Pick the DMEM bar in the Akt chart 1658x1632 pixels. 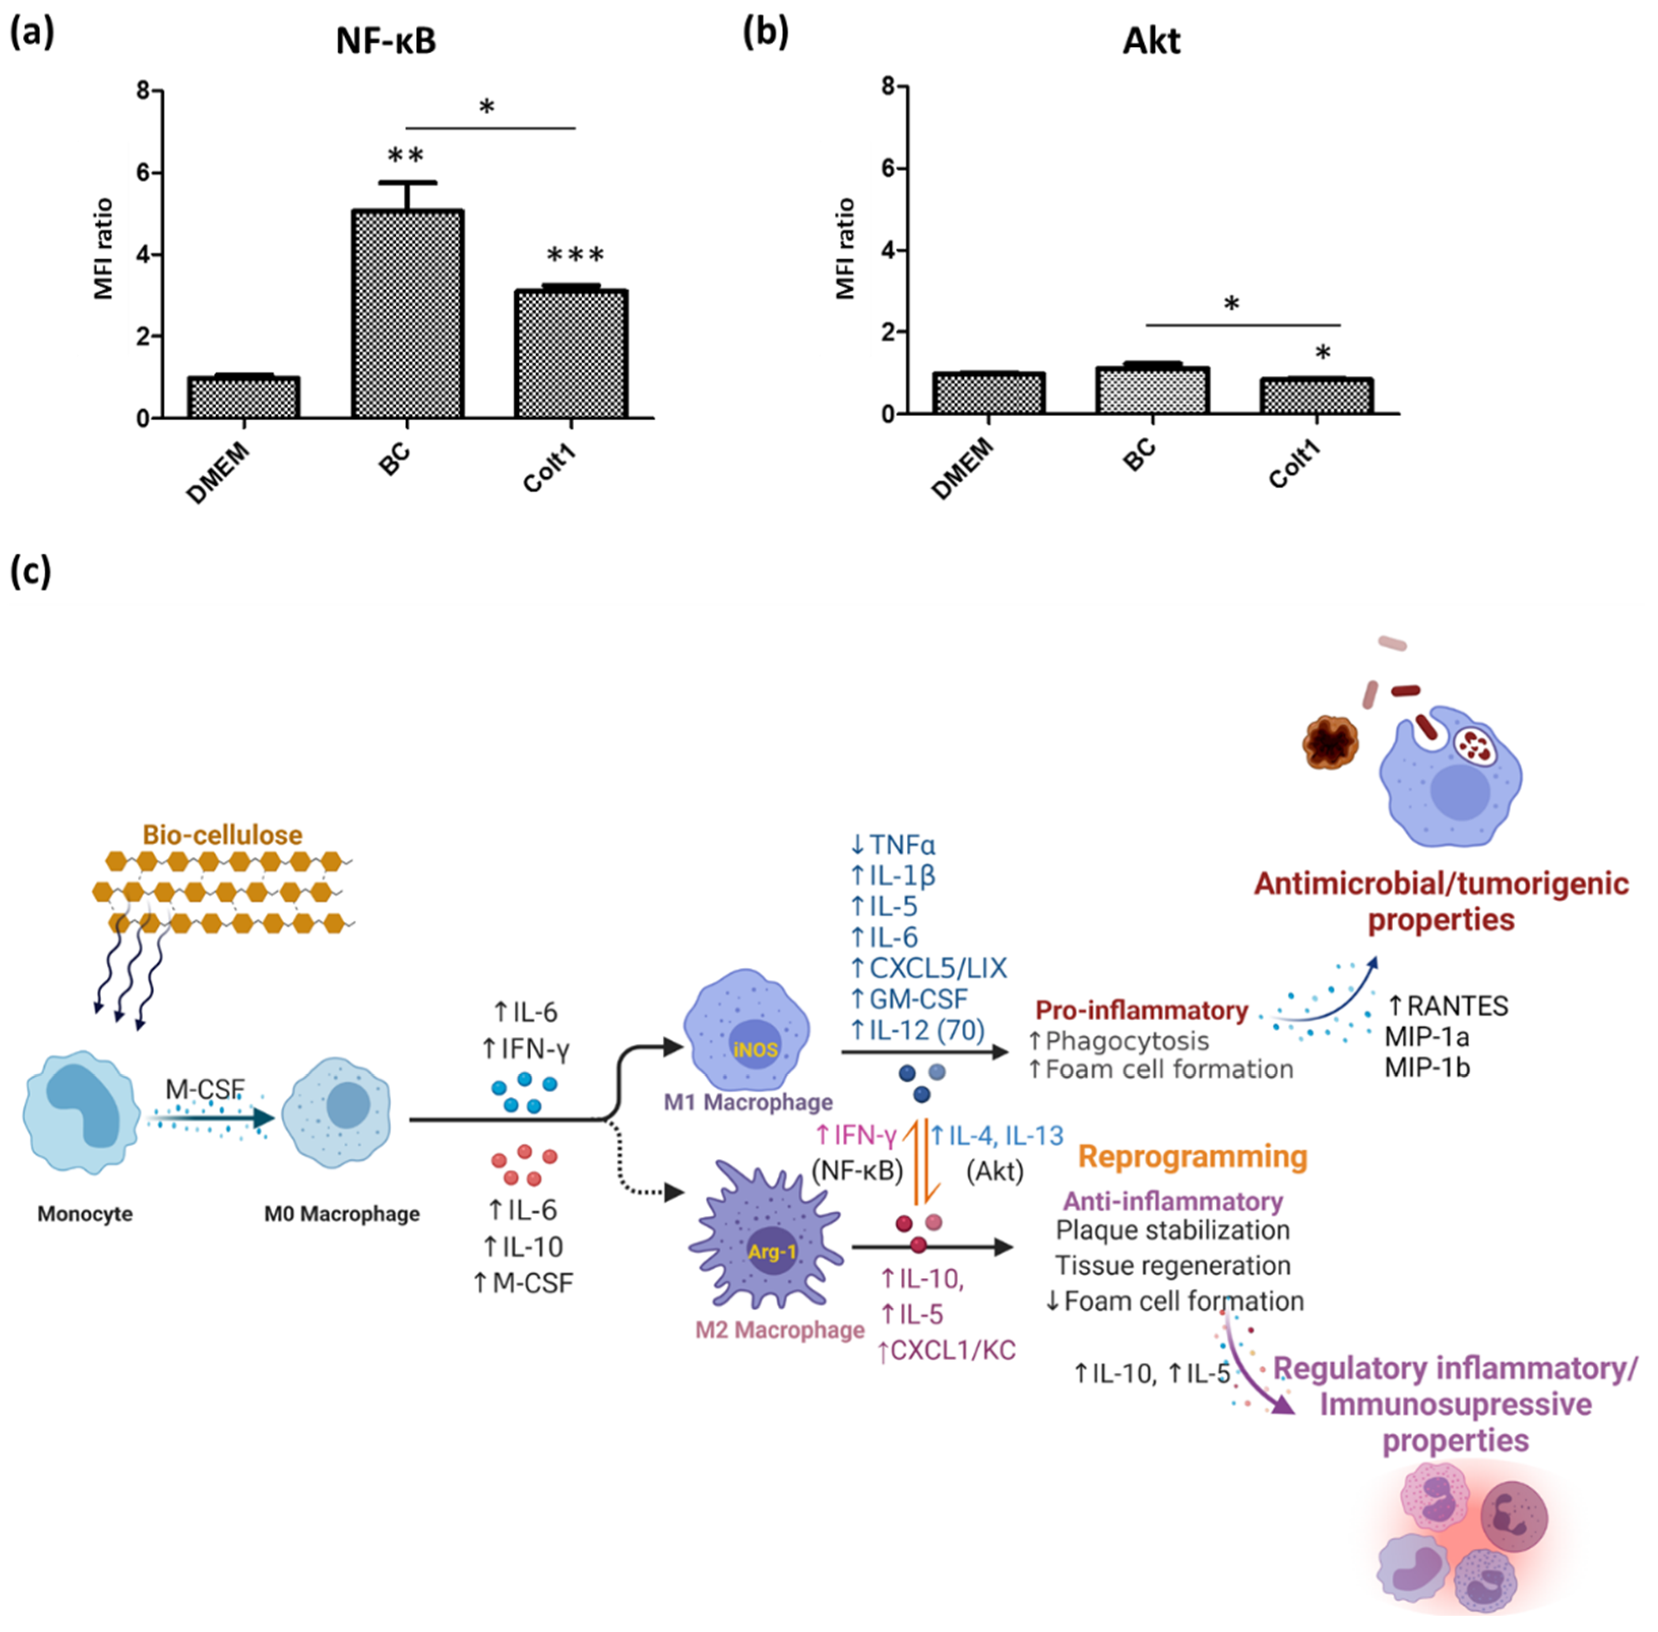pyautogui.click(x=988, y=393)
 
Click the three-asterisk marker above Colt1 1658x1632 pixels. pyautogui.click(x=575, y=255)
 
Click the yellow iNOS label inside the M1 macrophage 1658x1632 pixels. pyautogui.click(x=755, y=1049)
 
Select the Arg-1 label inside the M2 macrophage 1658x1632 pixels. pyautogui.click(x=772, y=1252)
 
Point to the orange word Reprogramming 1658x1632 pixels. pyautogui.click(x=1192, y=1156)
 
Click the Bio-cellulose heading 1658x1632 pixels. pyautogui.click(x=222, y=835)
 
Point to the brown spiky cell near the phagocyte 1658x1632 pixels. pyautogui.click(x=1330, y=743)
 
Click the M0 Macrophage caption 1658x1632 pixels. pyautogui.click(x=342, y=1214)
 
